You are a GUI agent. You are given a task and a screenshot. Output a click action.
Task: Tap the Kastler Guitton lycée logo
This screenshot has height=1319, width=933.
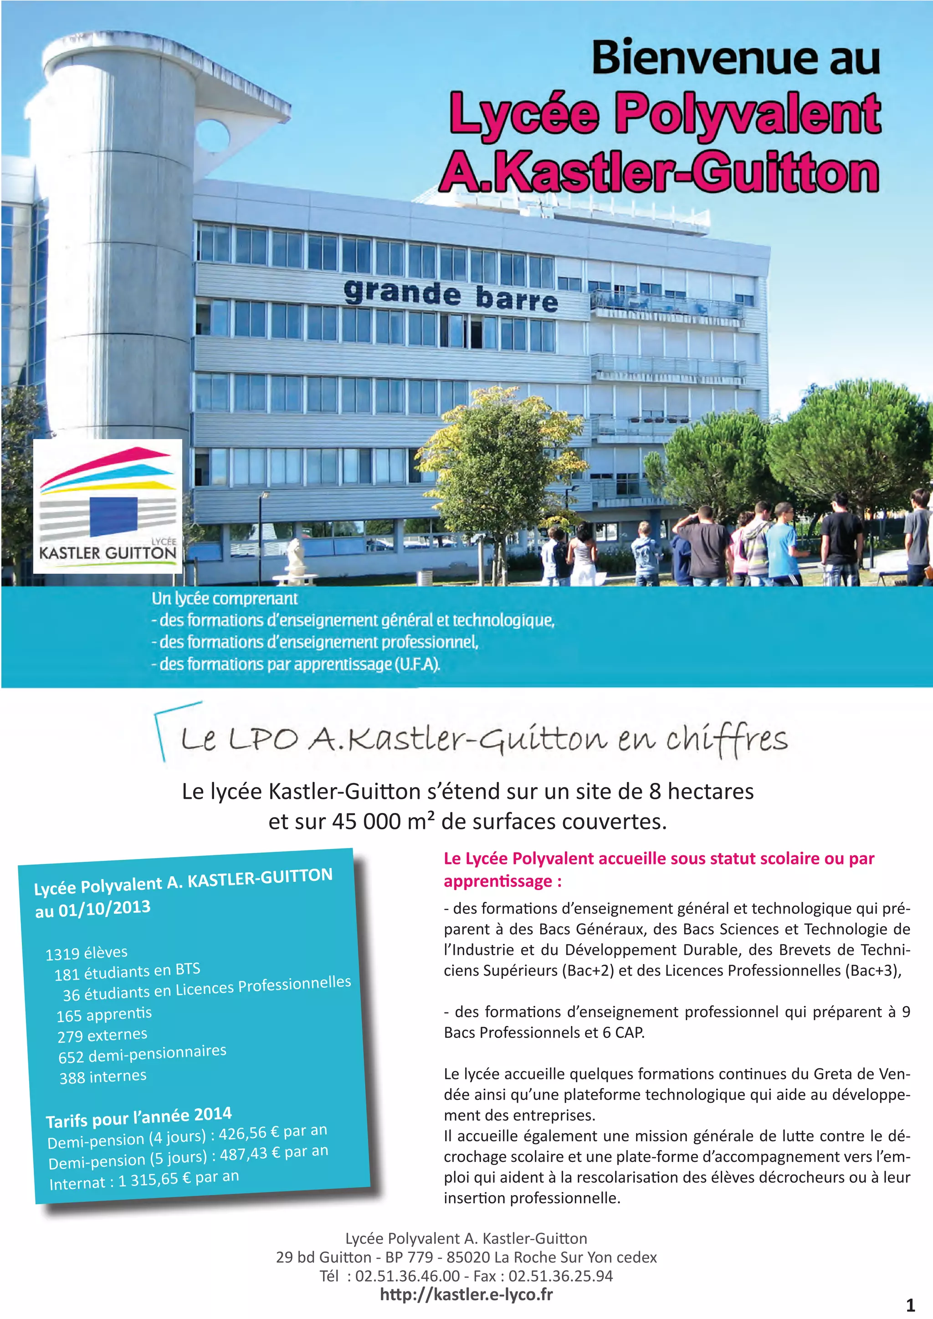108,506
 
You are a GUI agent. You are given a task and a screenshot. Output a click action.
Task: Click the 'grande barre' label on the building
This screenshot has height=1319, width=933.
451,296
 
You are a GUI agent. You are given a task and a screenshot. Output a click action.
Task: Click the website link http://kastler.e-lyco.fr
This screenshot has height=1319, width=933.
466,1294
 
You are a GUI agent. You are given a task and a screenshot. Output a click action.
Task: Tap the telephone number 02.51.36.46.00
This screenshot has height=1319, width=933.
407,1276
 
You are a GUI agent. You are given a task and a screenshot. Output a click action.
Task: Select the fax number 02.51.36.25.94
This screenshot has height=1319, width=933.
560,1276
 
